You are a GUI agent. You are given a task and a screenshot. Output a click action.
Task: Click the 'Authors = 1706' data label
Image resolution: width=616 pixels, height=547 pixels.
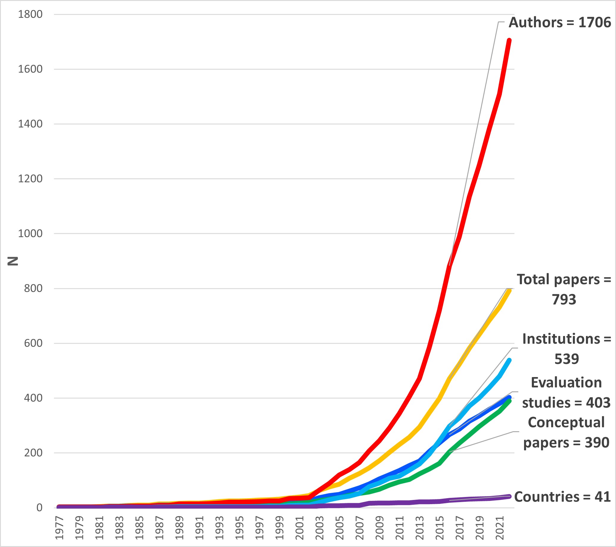(560, 23)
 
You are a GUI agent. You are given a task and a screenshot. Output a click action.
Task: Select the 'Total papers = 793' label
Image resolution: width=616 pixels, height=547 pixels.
(564, 290)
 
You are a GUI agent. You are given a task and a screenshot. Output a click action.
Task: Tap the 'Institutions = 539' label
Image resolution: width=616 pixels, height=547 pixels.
(566, 349)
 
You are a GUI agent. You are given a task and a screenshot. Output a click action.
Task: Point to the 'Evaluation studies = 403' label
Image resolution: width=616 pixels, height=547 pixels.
(566, 393)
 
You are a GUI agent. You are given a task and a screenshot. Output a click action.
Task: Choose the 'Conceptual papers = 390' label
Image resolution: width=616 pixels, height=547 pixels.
(566, 432)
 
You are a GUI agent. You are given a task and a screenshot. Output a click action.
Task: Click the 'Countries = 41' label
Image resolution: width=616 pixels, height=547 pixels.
(562, 497)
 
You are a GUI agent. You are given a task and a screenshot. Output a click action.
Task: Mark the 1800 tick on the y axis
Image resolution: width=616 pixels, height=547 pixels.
(30, 14)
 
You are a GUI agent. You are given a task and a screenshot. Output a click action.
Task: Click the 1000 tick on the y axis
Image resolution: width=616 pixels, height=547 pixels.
(30, 233)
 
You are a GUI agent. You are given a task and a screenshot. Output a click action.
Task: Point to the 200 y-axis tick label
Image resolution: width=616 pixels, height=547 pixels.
(33, 453)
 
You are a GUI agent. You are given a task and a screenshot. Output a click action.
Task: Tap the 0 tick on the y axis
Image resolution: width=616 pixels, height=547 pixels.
(39, 508)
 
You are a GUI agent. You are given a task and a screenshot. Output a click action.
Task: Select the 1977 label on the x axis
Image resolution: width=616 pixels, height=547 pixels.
(59, 528)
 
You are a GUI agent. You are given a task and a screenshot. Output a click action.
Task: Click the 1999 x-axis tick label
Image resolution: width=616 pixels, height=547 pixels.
(280, 528)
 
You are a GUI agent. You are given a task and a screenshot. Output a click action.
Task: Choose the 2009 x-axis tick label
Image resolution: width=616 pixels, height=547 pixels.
(380, 528)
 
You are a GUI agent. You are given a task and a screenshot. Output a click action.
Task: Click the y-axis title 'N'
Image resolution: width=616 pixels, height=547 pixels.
(13, 261)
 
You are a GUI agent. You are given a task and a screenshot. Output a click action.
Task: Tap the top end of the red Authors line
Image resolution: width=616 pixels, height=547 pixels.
(509, 40)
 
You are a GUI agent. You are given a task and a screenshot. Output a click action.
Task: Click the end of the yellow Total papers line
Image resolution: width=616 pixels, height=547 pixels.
(509, 290)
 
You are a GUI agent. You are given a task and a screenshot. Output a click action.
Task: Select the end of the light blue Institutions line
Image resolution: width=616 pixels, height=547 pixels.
(509, 360)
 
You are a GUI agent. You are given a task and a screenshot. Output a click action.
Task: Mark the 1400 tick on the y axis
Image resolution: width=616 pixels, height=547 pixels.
(30, 124)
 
